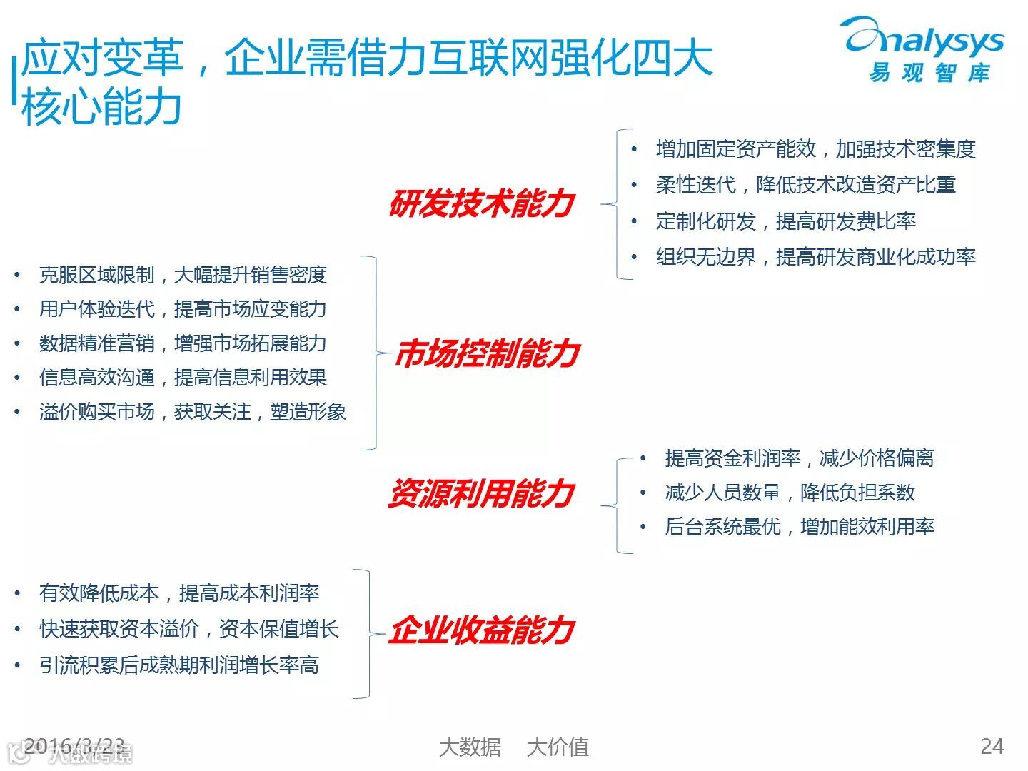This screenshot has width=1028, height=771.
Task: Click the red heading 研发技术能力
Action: coord(482,203)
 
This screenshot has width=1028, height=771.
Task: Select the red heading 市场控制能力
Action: coord(487,353)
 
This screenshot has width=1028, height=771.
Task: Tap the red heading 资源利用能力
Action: coord(481,493)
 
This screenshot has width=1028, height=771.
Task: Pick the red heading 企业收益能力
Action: coord(482,630)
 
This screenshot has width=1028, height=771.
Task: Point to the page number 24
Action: coord(992,746)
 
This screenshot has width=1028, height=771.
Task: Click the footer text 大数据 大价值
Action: coord(513,747)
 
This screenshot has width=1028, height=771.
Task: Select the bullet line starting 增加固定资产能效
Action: coord(815,149)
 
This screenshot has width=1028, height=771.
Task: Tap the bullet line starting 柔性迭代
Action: coord(805,185)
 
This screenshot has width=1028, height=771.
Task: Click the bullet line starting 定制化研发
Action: coord(785,221)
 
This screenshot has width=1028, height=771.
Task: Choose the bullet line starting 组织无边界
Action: coord(815,257)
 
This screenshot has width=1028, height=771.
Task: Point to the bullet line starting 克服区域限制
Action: coord(183,275)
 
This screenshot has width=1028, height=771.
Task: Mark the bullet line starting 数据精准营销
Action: coord(183,343)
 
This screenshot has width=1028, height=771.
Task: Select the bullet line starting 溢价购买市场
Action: coord(192,412)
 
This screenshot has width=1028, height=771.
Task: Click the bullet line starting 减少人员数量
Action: coord(790,493)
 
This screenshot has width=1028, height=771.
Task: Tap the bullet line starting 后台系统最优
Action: coord(800,527)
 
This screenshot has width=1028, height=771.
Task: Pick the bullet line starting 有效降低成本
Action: coord(179,593)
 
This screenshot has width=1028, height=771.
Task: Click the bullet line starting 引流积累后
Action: coord(179,665)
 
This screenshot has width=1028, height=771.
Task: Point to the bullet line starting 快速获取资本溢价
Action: coord(189,629)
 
